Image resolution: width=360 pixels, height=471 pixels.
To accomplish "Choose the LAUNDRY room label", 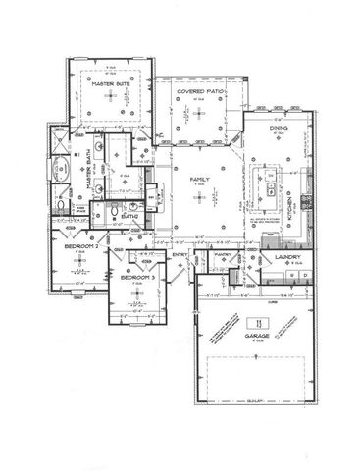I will (288, 258).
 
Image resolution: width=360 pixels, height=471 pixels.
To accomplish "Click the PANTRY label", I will (223, 254).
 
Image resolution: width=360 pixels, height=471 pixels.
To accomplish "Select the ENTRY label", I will (180, 256).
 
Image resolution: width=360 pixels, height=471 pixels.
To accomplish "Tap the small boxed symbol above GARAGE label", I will (257, 322).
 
